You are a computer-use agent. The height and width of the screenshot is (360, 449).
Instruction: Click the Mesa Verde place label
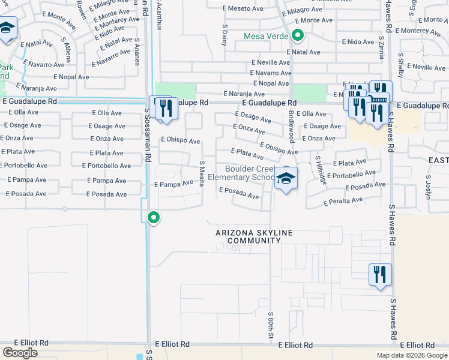click(x=267, y=36)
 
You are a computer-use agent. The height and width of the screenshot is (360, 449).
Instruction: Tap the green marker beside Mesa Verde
click(x=297, y=35)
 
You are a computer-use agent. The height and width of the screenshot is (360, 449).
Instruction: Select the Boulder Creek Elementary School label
click(x=250, y=173)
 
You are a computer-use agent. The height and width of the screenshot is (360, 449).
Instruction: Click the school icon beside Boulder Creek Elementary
click(x=286, y=178)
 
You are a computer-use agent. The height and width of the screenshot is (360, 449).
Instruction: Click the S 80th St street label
click(x=271, y=323)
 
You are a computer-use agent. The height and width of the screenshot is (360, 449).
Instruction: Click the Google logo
click(x=20, y=352)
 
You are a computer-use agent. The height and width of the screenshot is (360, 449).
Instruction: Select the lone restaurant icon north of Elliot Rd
click(x=380, y=275)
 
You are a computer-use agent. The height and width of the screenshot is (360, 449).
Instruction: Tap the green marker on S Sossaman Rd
click(x=154, y=217)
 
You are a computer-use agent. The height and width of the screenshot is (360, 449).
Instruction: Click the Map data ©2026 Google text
click(x=411, y=355)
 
